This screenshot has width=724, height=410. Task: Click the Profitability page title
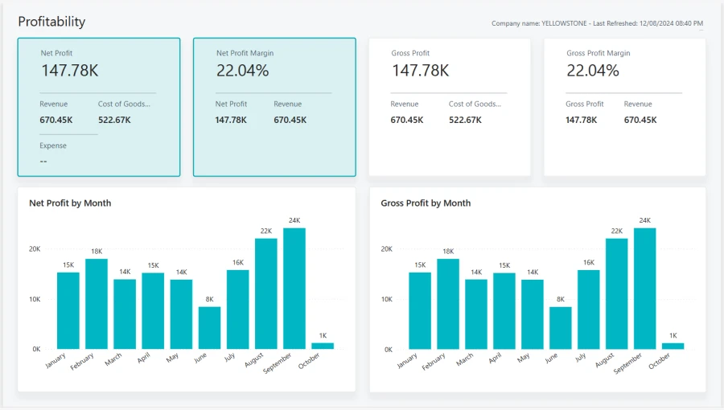point(51,22)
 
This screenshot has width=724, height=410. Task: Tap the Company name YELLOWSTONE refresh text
point(597,23)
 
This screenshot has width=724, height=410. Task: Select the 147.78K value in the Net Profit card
point(70,71)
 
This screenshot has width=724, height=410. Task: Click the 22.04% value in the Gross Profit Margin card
point(593,71)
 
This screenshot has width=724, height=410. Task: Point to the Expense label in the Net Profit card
point(53,146)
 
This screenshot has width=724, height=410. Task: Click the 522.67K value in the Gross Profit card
point(465,120)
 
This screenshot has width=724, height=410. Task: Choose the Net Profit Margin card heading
point(245,53)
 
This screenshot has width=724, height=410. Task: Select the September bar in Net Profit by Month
point(294,288)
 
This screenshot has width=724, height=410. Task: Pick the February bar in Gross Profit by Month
point(448,303)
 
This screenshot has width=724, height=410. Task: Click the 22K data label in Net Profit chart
point(266,231)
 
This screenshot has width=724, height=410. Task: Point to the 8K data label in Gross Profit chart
point(561,299)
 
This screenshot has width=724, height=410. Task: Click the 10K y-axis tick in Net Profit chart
point(35,299)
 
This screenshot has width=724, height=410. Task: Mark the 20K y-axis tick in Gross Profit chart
point(387,249)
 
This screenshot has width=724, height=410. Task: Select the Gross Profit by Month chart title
point(426,203)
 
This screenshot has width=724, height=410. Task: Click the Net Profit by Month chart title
point(70,203)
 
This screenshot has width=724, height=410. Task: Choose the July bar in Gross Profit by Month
point(589,309)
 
